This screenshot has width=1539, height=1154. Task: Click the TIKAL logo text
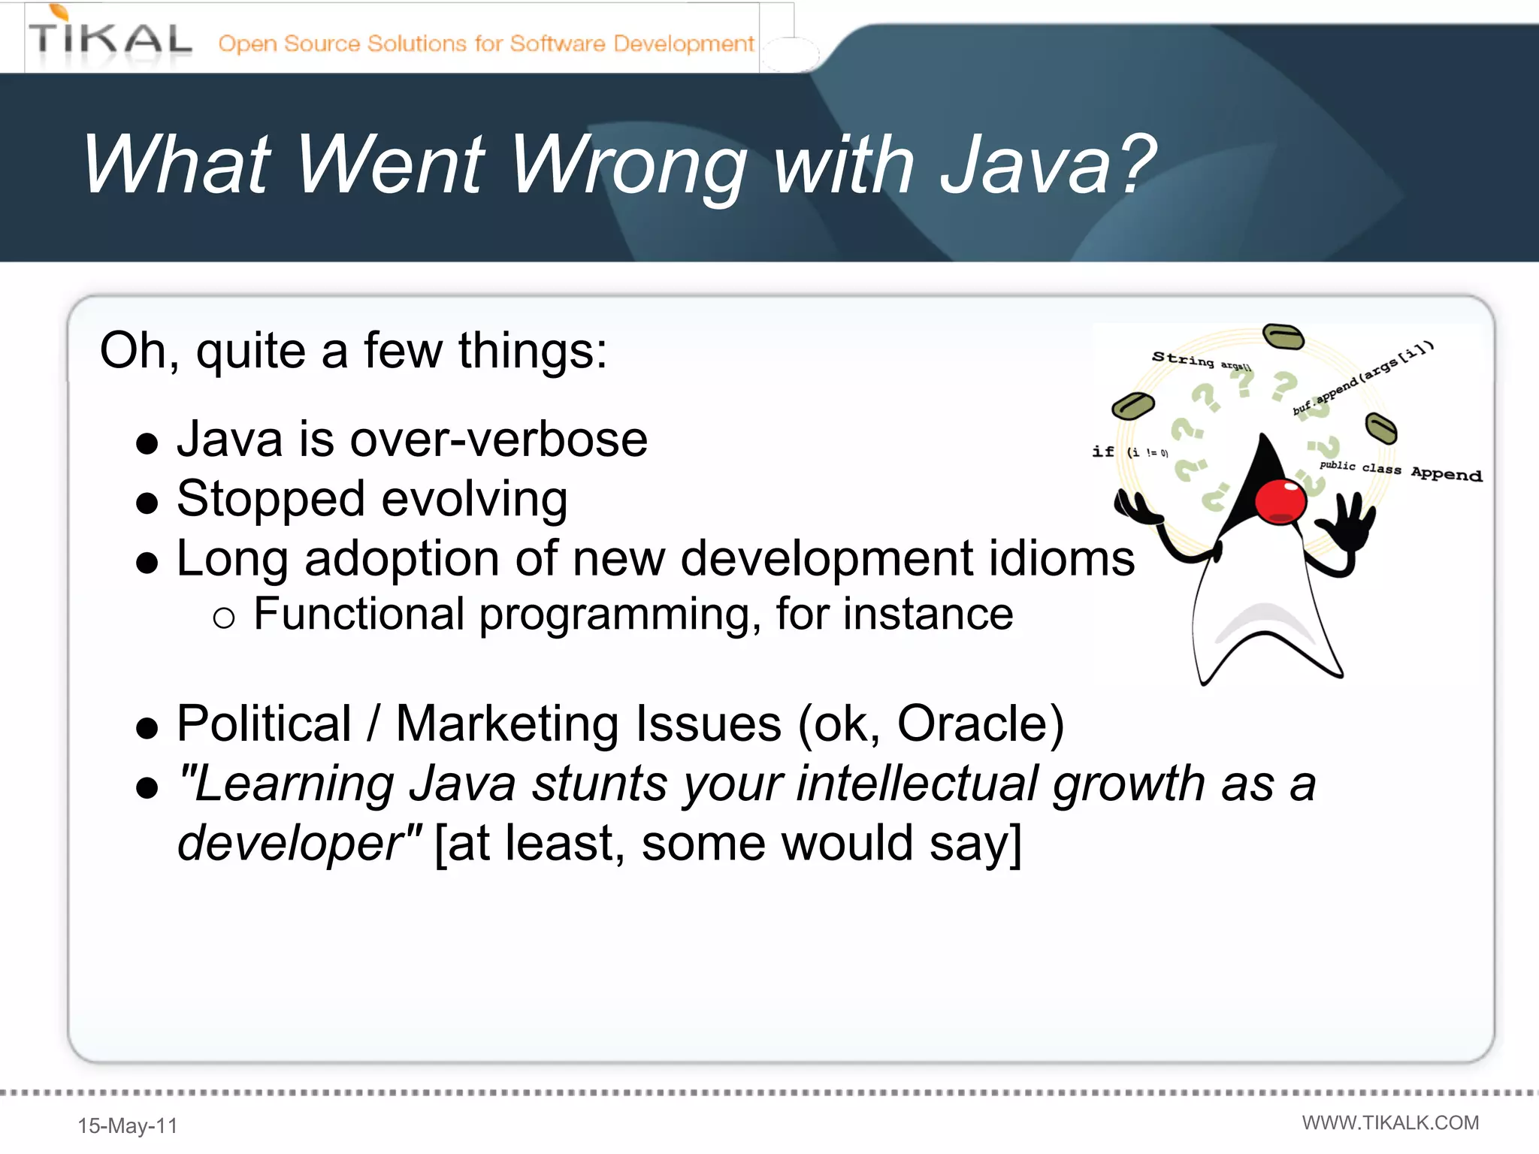[110, 39]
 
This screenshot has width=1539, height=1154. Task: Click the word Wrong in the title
[630, 165]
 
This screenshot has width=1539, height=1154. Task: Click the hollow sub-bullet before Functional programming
[224, 618]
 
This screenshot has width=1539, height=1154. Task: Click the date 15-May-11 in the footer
[128, 1125]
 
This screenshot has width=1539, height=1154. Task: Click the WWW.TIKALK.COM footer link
[1390, 1122]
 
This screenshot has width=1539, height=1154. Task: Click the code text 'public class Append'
[1401, 470]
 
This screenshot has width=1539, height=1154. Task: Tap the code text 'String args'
[1201, 361]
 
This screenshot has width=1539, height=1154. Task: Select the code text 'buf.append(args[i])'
[1363, 378]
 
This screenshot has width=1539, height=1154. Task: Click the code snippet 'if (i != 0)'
[1129, 452]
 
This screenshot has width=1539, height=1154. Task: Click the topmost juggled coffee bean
[1283, 336]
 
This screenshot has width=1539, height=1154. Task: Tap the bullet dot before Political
[147, 728]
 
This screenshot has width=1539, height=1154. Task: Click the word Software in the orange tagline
[557, 44]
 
